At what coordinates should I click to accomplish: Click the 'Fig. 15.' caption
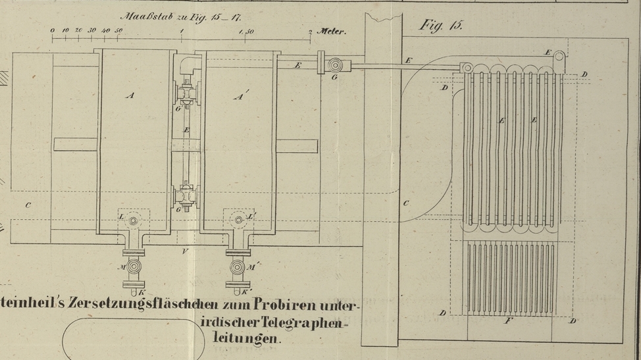[x=442, y=26]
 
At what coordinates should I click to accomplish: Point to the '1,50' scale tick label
[x=247, y=31]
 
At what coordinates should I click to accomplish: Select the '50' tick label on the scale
[x=118, y=30]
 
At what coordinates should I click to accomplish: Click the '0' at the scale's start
[x=53, y=30]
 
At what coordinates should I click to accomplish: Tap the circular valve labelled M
[x=135, y=267]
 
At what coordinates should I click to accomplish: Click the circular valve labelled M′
[x=237, y=267]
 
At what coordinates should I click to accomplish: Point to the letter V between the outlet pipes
[x=186, y=251]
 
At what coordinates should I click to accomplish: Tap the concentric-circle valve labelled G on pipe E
[x=336, y=65]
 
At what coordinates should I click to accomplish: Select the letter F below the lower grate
[x=507, y=321]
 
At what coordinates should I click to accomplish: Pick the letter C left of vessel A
[x=28, y=205]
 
